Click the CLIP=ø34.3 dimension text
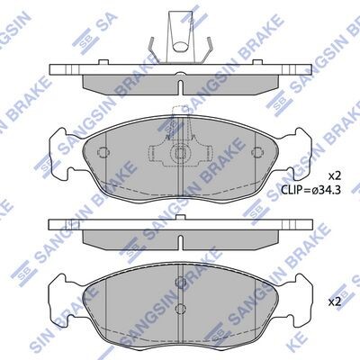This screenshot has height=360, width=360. (x=310, y=190)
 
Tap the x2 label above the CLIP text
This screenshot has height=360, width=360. (x=335, y=176)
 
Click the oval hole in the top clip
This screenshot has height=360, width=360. (x=180, y=46)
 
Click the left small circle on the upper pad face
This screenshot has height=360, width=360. (x=103, y=152)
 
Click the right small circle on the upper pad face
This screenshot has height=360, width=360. (x=256, y=152)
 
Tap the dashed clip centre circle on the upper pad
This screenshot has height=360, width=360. (x=179, y=153)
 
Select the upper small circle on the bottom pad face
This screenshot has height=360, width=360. (x=180, y=281)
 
